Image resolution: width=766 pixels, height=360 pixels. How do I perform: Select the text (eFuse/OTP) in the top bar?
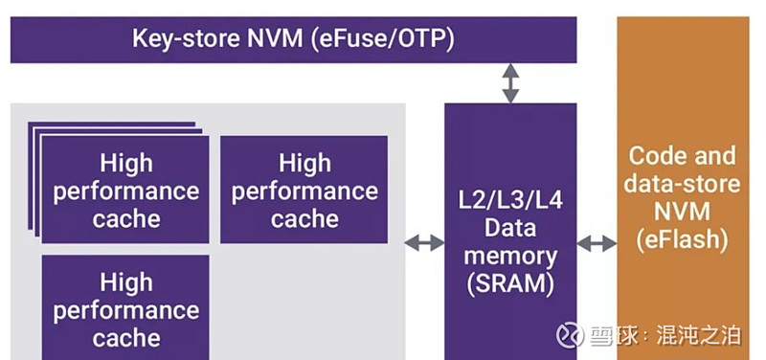[383, 39]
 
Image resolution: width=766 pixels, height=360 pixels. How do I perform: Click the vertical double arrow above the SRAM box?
[510, 83]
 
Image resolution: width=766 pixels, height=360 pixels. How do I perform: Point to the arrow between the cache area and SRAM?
[424, 243]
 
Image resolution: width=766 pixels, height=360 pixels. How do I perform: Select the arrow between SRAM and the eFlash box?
[597, 243]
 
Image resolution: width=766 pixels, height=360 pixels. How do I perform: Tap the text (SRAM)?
[510, 282]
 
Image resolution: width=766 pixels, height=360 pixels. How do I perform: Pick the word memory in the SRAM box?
[510, 256]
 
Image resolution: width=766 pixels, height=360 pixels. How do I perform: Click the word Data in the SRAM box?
[510, 230]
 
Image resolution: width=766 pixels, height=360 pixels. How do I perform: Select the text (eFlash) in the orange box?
[683, 238]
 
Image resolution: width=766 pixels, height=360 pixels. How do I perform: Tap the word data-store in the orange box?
[683, 184]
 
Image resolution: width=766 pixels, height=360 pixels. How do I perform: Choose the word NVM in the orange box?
[683, 211]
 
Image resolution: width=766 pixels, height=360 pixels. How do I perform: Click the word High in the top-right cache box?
[304, 163]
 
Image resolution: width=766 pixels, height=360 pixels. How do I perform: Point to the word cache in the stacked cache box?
[126, 218]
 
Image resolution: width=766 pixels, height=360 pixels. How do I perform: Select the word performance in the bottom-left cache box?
[126, 310]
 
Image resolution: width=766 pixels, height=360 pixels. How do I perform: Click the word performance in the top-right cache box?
[304, 191]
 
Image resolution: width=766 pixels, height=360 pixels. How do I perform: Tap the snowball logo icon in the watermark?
[571, 334]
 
